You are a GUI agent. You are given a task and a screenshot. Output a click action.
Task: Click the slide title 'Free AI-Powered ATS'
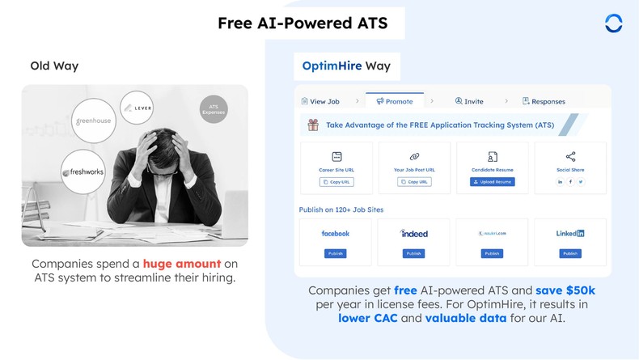point(303,23)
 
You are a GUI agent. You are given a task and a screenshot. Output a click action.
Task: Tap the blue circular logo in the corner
point(613,23)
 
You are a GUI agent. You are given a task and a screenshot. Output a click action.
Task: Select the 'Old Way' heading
point(54,66)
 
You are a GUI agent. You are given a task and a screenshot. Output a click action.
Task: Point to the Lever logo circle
point(137,108)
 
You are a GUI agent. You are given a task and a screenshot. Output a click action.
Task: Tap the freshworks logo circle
point(83,172)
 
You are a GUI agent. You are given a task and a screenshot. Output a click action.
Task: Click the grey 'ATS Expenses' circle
point(214,109)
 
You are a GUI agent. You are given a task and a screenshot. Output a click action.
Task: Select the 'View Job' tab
point(320,101)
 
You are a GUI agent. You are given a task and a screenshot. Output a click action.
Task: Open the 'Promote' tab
point(395,101)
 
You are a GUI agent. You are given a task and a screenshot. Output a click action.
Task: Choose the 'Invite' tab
point(469,101)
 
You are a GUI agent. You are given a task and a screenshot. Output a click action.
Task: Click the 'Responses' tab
point(544,101)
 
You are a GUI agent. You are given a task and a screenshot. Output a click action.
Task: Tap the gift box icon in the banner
point(312,125)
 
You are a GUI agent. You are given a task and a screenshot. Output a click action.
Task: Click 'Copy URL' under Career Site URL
point(336,182)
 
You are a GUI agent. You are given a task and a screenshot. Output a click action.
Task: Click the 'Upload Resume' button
point(492,182)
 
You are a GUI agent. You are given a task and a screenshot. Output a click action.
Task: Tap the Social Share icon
point(570,157)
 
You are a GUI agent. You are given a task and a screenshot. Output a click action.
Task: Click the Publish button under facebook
point(336,253)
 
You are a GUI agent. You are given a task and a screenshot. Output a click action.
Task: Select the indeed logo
point(414,233)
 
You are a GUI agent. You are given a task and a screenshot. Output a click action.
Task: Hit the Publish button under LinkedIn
point(570,253)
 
